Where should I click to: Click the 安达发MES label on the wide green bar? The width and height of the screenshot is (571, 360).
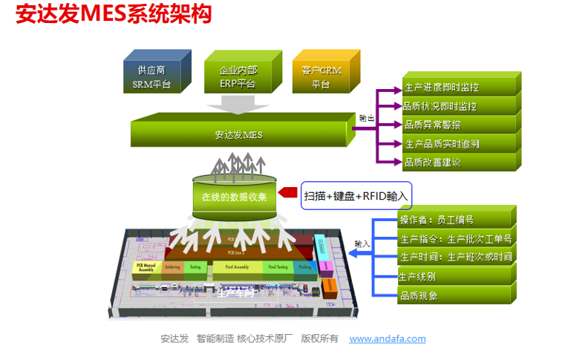tap(238, 135)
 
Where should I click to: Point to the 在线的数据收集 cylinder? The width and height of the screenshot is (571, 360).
tap(234, 197)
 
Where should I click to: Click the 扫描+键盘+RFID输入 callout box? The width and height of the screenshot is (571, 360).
tap(356, 196)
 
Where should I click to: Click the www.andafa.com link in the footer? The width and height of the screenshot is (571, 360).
tap(388, 338)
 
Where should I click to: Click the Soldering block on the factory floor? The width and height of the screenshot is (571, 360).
tap(172, 268)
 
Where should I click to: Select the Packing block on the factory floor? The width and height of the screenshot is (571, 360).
tap(304, 267)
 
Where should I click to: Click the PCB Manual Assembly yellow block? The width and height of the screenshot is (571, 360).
tap(146, 268)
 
